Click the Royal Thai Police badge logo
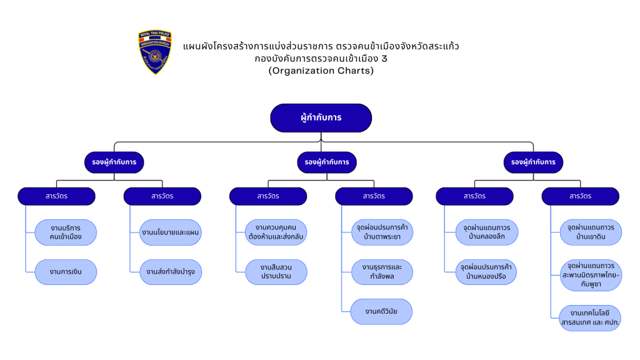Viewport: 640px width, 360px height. tap(155, 52)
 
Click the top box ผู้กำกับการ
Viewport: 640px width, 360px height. tap(321, 117)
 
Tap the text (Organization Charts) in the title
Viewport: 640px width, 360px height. tap(321, 71)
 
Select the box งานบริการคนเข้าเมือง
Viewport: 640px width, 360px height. tap(66, 232)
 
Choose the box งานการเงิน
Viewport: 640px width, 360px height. tap(66, 272)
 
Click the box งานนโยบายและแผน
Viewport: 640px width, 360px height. tap(171, 232)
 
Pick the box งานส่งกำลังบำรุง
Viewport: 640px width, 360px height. tap(171, 272)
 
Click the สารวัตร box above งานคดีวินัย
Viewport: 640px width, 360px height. tap(374, 196)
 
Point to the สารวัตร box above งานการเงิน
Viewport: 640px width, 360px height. tap(56, 196)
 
